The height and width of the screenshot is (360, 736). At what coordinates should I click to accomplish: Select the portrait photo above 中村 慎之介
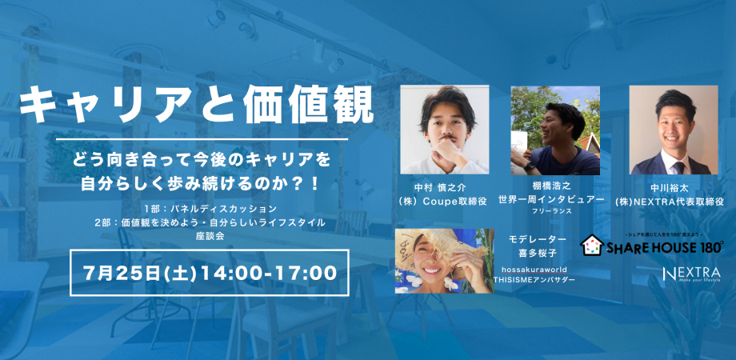(x=444, y=130)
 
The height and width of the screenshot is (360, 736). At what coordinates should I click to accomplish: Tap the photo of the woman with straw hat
(x=444, y=261)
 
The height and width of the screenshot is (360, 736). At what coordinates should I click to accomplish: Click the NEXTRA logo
(x=691, y=274)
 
